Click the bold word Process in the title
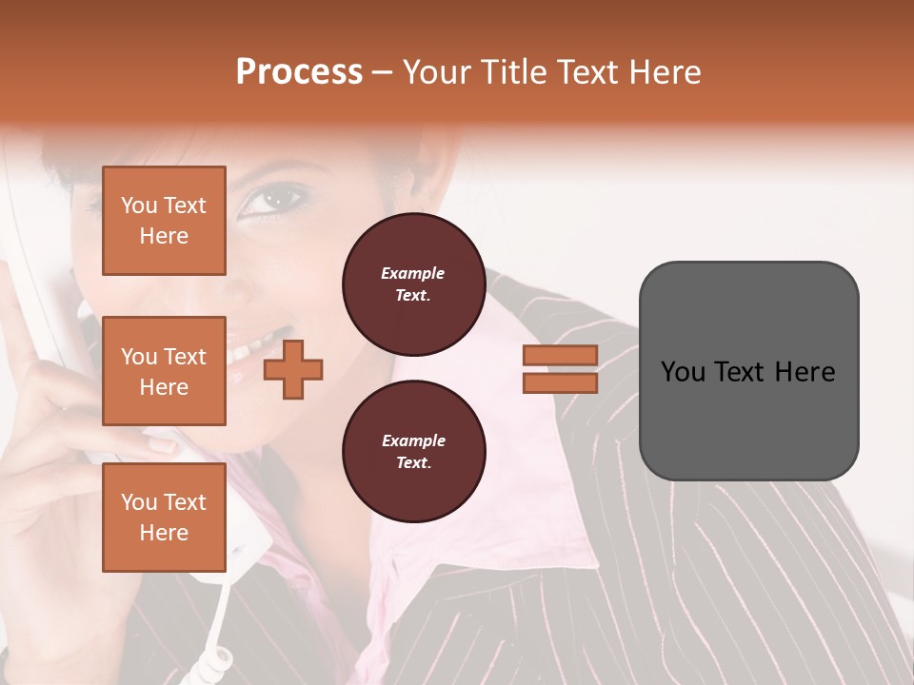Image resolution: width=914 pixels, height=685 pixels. tap(299, 72)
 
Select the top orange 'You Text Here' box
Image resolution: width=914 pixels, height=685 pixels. tap(164, 221)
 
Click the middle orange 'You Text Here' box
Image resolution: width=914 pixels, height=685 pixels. tap(164, 371)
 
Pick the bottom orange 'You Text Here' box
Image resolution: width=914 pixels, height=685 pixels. tap(164, 518)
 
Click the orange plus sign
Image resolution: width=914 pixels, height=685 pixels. tap(292, 368)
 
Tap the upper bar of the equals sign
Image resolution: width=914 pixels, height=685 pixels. tap(560, 355)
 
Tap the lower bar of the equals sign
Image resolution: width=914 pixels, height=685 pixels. tap(560, 382)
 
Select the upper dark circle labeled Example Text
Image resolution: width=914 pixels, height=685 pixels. tap(413, 284)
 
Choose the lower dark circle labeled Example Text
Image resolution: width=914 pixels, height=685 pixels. tap(413, 451)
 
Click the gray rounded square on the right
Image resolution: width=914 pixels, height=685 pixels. tap(748, 371)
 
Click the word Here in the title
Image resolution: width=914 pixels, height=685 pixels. tap(666, 72)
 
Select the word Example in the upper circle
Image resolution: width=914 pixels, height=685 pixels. tap(413, 273)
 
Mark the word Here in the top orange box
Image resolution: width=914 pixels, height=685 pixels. tap(164, 236)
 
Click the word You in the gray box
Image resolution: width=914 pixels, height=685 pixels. tap(683, 372)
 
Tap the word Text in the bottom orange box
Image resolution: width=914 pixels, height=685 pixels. tap(184, 502)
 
